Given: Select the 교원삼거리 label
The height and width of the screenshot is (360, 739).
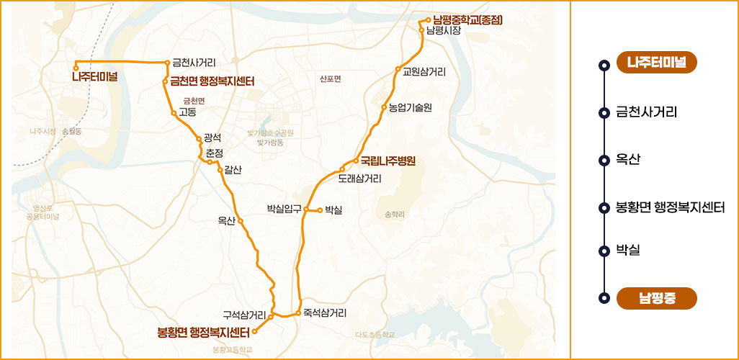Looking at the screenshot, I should (424, 71).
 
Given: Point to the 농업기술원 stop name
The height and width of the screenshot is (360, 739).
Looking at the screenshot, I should (410, 108).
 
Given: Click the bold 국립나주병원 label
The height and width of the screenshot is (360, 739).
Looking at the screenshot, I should (388, 161).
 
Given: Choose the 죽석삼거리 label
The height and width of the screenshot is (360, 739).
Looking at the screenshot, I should (326, 313).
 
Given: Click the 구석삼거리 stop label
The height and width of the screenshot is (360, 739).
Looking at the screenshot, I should (244, 315).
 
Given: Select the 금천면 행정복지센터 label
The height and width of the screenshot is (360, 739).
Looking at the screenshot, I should (212, 81).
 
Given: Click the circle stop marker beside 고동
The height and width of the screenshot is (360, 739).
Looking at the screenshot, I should (174, 113).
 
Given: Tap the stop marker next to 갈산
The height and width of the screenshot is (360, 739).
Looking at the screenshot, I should (220, 170).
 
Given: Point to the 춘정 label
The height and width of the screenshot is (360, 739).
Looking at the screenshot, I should (215, 153).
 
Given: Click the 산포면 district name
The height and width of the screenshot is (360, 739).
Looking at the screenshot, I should (330, 78).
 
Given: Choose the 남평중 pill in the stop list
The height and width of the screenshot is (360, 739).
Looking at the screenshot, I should (657, 298).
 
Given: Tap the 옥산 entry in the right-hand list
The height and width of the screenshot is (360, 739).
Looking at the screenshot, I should (629, 158).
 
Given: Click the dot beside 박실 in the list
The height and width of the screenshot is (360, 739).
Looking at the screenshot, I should (604, 251).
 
